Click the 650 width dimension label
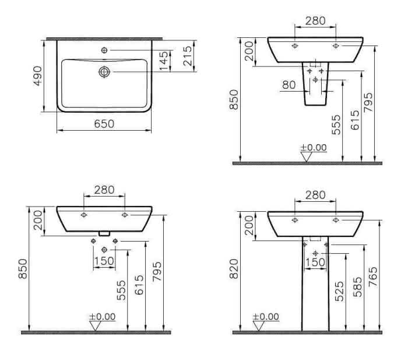104,124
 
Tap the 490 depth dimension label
38,76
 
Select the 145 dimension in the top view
164,61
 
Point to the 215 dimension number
188,56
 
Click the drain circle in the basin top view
104,72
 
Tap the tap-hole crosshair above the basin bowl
104,50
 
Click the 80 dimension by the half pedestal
289,85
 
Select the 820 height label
234,269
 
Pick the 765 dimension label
373,277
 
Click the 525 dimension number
339,291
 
